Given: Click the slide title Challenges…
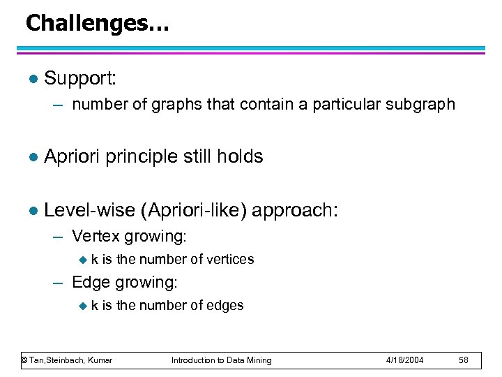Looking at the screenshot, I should coord(97,23).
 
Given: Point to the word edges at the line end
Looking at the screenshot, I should coord(224,306).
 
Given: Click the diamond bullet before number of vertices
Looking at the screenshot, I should coord(82,260).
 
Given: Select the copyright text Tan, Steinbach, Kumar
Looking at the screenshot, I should coord(67,360).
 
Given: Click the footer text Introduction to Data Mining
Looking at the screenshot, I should coord(222,360).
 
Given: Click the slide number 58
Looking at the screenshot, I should coord(465,360).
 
